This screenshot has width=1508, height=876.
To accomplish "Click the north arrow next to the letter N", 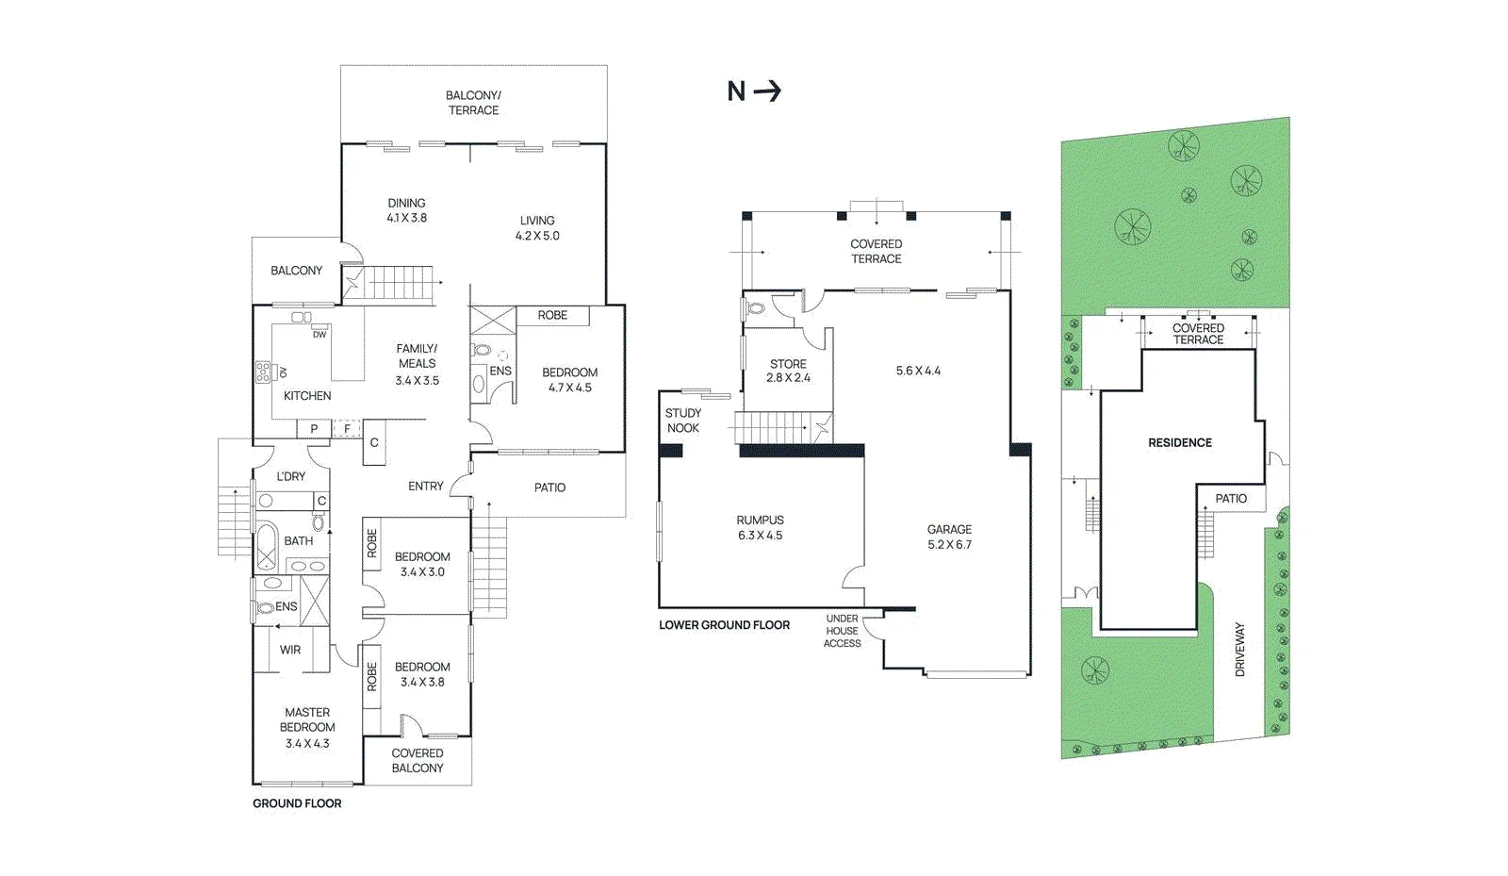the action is pyautogui.click(x=767, y=91).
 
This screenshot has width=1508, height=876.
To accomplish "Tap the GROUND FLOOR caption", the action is pyautogui.click(x=297, y=803).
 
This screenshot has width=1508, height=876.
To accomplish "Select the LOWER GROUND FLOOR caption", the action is pyautogui.click(x=725, y=625).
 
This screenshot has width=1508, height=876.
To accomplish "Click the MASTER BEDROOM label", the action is pyautogui.click(x=307, y=719).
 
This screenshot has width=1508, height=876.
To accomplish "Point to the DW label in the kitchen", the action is pyautogui.click(x=320, y=335).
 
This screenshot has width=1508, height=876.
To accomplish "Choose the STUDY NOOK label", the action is pyautogui.click(x=682, y=421).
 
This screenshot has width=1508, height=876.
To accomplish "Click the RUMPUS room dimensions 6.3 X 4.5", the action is pyautogui.click(x=760, y=536).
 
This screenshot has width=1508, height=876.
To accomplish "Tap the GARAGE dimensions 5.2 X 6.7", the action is pyautogui.click(x=949, y=545).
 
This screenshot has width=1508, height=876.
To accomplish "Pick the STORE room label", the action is pyautogui.click(x=788, y=364).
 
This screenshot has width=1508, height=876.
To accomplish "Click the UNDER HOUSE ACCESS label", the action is pyautogui.click(x=843, y=631).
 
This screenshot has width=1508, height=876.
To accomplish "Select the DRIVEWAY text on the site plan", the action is pyautogui.click(x=1240, y=649).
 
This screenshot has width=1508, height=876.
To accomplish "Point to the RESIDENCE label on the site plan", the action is pyautogui.click(x=1180, y=442).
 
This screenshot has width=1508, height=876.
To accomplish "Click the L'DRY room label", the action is pyautogui.click(x=291, y=476).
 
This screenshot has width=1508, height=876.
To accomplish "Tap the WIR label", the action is pyautogui.click(x=290, y=650).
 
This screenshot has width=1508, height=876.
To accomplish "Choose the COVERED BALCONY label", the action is pyautogui.click(x=418, y=760).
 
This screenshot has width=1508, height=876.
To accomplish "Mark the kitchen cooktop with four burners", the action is pyautogui.click(x=263, y=372).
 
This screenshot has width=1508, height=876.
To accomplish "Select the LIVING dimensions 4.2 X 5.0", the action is pyautogui.click(x=537, y=236).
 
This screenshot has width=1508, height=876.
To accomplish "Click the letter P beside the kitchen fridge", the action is pyautogui.click(x=314, y=429).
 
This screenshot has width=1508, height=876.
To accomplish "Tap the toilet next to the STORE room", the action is pyautogui.click(x=755, y=309).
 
